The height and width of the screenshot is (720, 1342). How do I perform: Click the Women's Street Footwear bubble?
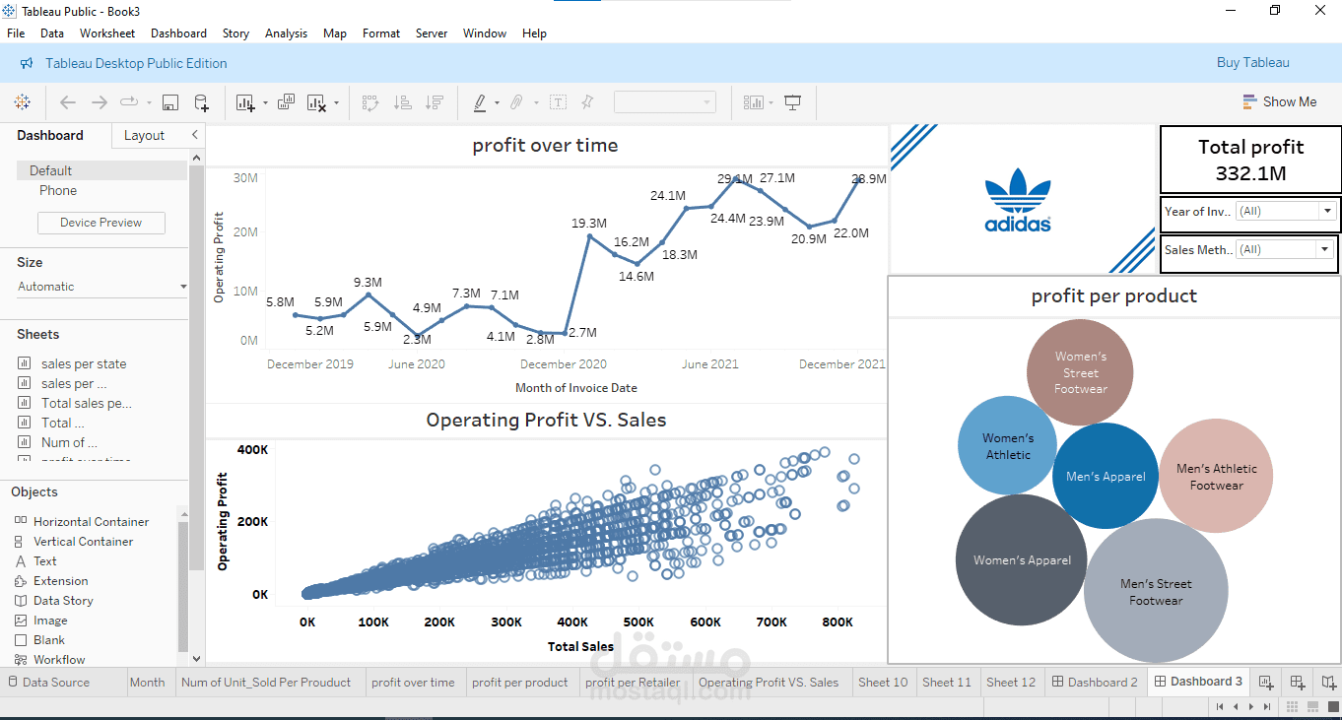coord(1080,372)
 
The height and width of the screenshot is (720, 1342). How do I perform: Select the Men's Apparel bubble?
coord(1106,477)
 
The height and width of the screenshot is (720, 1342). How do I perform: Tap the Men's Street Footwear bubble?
coord(1156,592)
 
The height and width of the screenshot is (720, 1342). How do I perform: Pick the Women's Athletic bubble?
coord(1007,446)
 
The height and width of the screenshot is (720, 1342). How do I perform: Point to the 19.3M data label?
coord(589,224)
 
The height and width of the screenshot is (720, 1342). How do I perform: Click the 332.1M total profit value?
coord(1250,174)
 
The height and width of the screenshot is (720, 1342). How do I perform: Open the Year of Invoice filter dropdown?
coord(1326,211)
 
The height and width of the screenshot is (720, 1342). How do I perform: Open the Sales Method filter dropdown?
coord(1323,249)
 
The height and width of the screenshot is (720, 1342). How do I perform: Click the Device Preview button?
coord(101,223)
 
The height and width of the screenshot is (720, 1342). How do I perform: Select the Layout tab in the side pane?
coord(144,136)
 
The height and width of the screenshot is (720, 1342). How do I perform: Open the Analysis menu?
coord(286,33)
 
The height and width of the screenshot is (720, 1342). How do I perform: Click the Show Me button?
coord(1279,101)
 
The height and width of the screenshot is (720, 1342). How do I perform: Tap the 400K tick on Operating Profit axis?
coord(252,450)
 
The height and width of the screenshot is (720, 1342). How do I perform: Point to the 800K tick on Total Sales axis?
coord(837,622)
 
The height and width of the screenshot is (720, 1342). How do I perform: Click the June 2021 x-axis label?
coord(709,364)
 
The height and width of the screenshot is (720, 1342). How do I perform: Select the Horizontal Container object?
coord(91,522)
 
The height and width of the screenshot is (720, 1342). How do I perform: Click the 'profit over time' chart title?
coord(545,146)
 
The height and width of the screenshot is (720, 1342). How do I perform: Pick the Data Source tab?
coord(55,682)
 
